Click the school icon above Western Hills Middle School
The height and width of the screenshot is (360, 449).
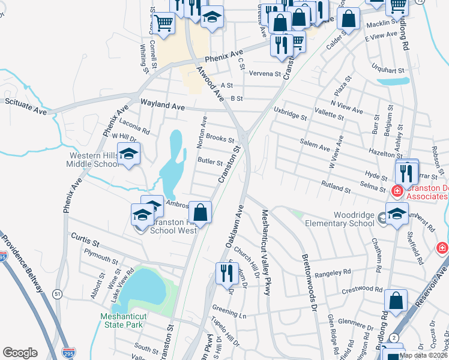[x=128, y=154]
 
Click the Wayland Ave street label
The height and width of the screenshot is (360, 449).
[x=162, y=106]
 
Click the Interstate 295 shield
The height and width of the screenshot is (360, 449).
[x=69, y=352]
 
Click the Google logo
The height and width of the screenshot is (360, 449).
[x=20, y=352]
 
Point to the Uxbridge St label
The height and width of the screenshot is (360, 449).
[x=290, y=112]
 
